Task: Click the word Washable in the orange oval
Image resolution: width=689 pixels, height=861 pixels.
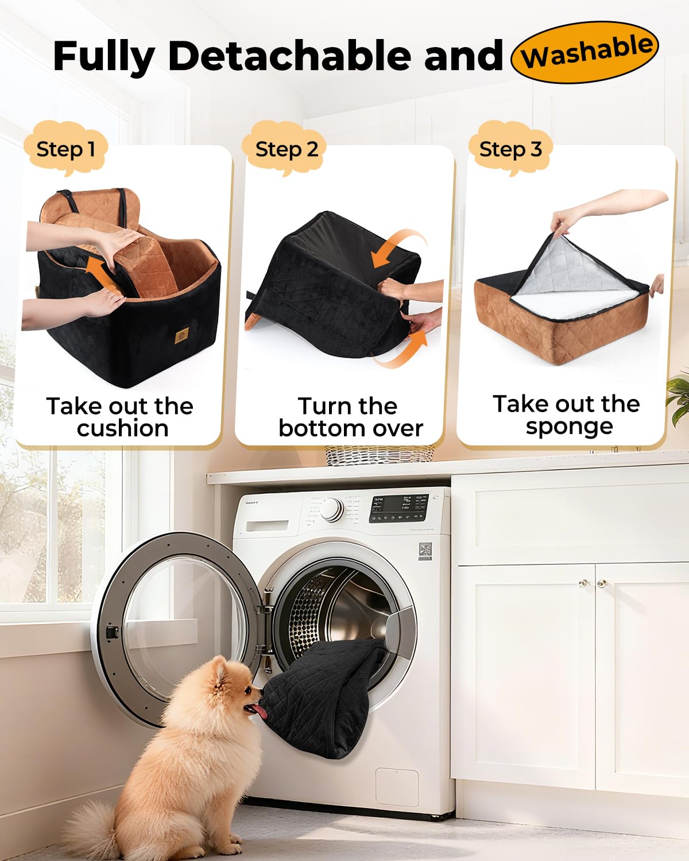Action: (x=586, y=52)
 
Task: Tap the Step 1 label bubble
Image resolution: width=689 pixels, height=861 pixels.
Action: (x=65, y=149)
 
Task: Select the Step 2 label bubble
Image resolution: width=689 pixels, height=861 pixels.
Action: (x=287, y=149)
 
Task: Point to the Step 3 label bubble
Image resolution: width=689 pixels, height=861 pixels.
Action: (x=510, y=149)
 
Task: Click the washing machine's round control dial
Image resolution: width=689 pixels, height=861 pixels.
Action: (x=332, y=509)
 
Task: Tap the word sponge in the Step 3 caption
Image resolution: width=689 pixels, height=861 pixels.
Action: (x=569, y=426)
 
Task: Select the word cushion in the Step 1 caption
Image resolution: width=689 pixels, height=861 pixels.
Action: (x=122, y=428)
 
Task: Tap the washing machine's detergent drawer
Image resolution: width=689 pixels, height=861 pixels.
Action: (x=267, y=525)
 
